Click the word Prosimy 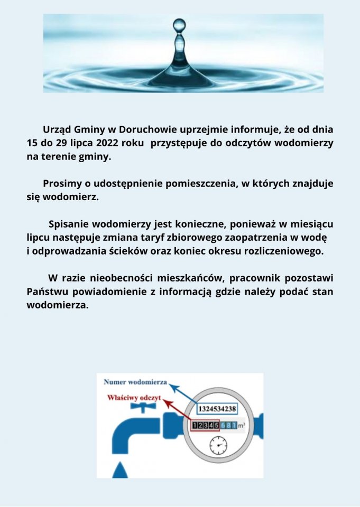coord(61,184)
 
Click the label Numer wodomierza coord(135,382)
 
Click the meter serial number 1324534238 coord(217,409)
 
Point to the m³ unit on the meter coord(242,425)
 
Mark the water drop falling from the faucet coord(121,468)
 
